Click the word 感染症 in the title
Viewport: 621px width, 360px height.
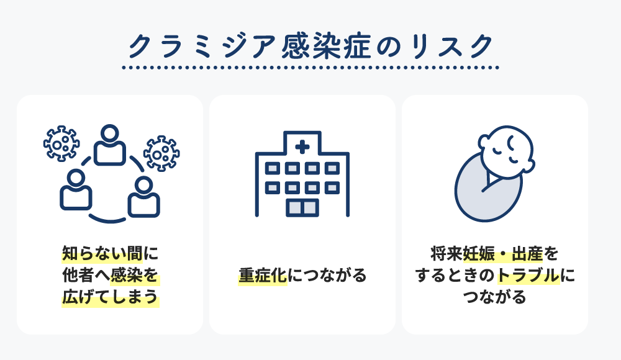(327, 47)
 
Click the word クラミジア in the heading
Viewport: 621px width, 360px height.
(202, 47)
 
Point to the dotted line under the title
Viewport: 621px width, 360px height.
(310, 68)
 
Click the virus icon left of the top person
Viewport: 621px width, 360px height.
(61, 143)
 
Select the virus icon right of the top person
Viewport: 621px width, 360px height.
(161, 154)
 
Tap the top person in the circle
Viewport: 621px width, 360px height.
(110, 145)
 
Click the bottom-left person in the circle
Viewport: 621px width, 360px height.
(76, 190)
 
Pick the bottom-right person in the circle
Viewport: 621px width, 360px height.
(144, 197)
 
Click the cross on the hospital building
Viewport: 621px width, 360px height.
(302, 147)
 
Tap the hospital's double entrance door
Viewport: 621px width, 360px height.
(302, 207)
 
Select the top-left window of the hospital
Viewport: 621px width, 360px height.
(272, 169)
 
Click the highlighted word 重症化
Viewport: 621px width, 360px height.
(263, 275)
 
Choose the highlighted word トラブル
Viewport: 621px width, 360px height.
(528, 275)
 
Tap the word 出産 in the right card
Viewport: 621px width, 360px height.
(527, 254)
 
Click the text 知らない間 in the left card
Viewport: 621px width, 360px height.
(102, 253)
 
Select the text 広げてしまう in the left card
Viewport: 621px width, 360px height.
(110, 297)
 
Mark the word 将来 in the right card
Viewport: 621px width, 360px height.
(446, 254)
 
